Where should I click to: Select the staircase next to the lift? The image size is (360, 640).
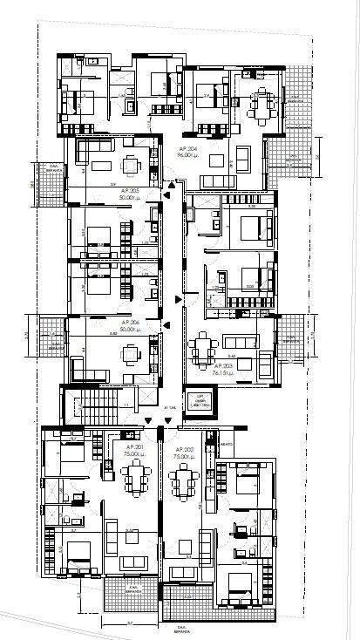96,405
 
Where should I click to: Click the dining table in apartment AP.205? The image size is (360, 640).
131,164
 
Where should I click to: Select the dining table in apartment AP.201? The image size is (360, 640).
137,478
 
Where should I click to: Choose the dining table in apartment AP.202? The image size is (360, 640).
184,478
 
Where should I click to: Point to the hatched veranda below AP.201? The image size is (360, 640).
130,597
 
